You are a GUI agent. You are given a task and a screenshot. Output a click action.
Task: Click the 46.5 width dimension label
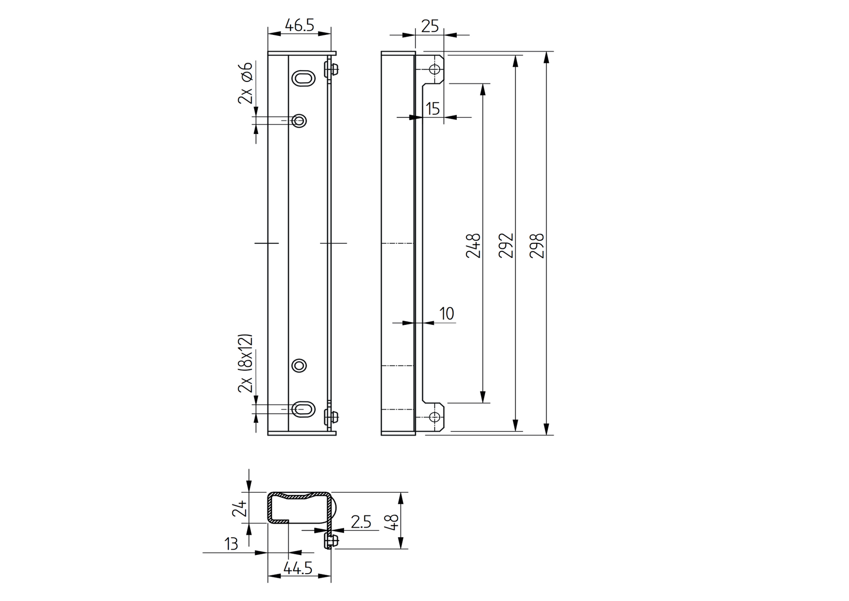(299, 25)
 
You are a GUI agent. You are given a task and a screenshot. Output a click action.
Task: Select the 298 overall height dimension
(539, 245)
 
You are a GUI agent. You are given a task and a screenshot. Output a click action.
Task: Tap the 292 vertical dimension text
(506, 245)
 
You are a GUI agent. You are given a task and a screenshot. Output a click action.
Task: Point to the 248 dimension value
(474, 245)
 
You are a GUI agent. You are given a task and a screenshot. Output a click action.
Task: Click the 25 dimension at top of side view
(430, 26)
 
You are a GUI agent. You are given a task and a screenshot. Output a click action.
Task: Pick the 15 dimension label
(433, 109)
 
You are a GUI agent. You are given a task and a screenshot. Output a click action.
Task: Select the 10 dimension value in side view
(447, 314)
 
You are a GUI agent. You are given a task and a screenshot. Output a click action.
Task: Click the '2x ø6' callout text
(246, 83)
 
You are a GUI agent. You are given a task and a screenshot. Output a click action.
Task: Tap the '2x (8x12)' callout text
(246, 363)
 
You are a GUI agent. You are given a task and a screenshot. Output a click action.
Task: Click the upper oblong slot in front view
(304, 78)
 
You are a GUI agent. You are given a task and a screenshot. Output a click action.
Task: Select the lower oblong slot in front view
(304, 409)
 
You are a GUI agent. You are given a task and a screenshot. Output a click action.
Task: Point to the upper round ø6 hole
(299, 121)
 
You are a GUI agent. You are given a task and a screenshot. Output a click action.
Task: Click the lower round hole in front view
(299, 365)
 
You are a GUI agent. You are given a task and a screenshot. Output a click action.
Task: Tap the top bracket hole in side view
(434, 69)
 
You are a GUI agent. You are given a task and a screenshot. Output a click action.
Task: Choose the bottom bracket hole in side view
(434, 417)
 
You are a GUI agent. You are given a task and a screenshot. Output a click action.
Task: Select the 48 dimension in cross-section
(393, 521)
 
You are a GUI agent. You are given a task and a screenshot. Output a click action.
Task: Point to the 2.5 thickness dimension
(361, 522)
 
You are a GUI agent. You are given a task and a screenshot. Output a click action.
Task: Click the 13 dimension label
(231, 544)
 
